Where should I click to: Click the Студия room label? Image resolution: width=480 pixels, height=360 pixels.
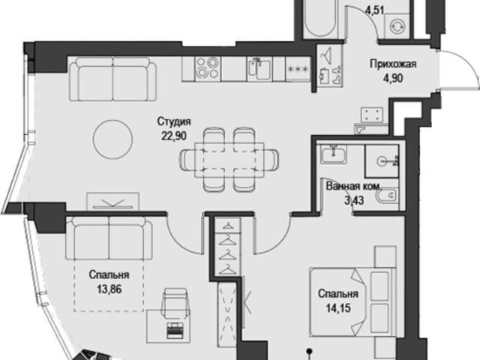point(174,121)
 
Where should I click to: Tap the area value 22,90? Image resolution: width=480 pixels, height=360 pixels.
point(174,135)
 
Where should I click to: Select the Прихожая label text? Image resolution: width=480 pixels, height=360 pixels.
point(393,64)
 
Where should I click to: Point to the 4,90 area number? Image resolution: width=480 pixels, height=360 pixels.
point(393,78)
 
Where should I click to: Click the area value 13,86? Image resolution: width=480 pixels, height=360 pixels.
point(109,289)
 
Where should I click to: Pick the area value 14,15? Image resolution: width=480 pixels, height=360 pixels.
point(338,307)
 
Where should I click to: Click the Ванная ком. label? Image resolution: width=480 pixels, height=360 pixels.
point(354,187)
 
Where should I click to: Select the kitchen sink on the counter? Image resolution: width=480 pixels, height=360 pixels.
point(259,69)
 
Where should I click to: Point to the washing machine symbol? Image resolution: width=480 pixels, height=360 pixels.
point(397,27)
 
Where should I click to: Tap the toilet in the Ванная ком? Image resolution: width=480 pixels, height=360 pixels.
point(386,196)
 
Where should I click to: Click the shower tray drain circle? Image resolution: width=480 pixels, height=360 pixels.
point(382,161)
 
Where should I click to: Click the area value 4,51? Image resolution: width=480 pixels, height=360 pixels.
point(375,10)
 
